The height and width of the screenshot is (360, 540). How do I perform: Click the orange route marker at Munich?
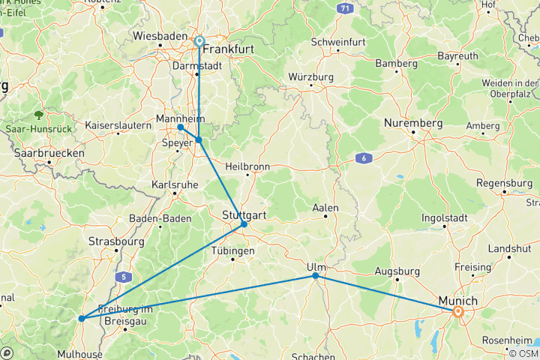tap(457, 310)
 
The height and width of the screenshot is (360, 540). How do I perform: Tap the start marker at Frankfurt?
tap(199, 41)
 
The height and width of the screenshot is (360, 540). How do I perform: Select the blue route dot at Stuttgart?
tap(244, 224)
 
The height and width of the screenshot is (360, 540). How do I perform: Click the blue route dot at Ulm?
tap(316, 276)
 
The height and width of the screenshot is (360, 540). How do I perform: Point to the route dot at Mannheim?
tap(181, 127)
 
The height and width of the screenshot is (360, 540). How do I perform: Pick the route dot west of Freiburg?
tap(81, 319)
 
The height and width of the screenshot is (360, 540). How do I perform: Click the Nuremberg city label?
tap(412, 122)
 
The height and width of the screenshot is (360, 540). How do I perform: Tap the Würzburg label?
tap(310, 77)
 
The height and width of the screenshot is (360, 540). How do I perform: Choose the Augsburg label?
tap(396, 271)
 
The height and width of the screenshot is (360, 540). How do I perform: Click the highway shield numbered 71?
tap(343, 8)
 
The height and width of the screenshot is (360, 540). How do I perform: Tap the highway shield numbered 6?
tap(364, 158)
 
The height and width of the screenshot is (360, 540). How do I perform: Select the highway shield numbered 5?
tap(122, 277)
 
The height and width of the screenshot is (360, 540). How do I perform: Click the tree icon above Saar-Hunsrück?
tap(38, 115)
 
